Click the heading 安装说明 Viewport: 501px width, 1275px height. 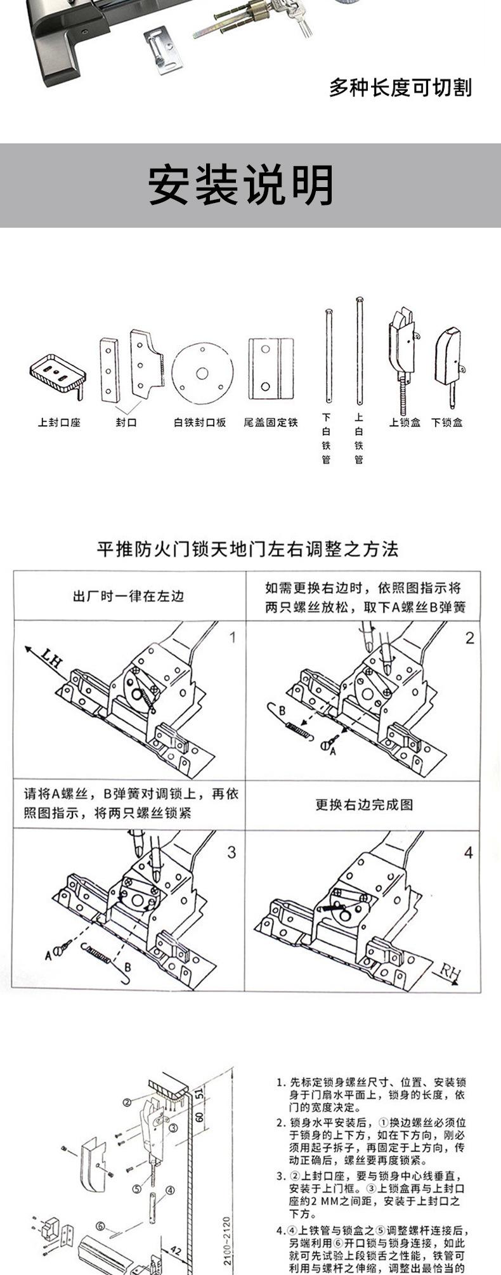coord(241,185)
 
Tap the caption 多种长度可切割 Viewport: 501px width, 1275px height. coord(400,88)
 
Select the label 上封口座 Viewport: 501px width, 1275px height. coord(59,422)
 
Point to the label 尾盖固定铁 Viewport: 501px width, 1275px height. coord(270,422)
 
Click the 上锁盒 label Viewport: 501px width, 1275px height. coord(405,422)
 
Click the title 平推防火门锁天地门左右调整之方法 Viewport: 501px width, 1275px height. coord(247,549)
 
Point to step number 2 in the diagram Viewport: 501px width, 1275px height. coord(469,638)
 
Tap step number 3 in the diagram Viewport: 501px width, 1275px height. coord(231,852)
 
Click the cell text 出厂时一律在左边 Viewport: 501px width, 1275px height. coord(129,596)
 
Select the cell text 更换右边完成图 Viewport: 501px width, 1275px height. coord(364,804)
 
